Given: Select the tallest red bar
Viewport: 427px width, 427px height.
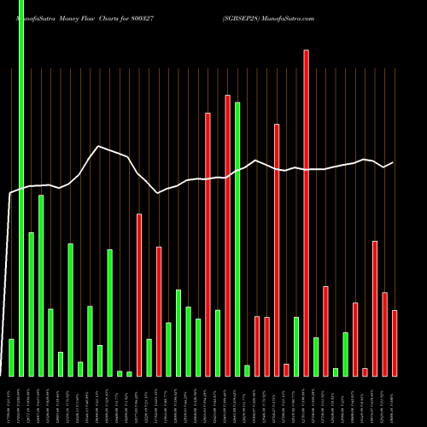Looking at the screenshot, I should point(306,213).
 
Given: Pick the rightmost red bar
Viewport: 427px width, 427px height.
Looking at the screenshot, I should point(395,342).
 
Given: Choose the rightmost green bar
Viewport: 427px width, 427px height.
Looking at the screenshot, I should point(345,354).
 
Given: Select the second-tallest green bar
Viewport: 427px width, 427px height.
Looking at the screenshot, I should point(237,239).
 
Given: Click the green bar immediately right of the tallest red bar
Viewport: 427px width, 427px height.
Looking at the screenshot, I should point(316,357).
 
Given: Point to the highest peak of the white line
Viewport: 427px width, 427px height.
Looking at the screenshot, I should point(100,146).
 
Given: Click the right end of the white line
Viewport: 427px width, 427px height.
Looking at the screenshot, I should point(393,162).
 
